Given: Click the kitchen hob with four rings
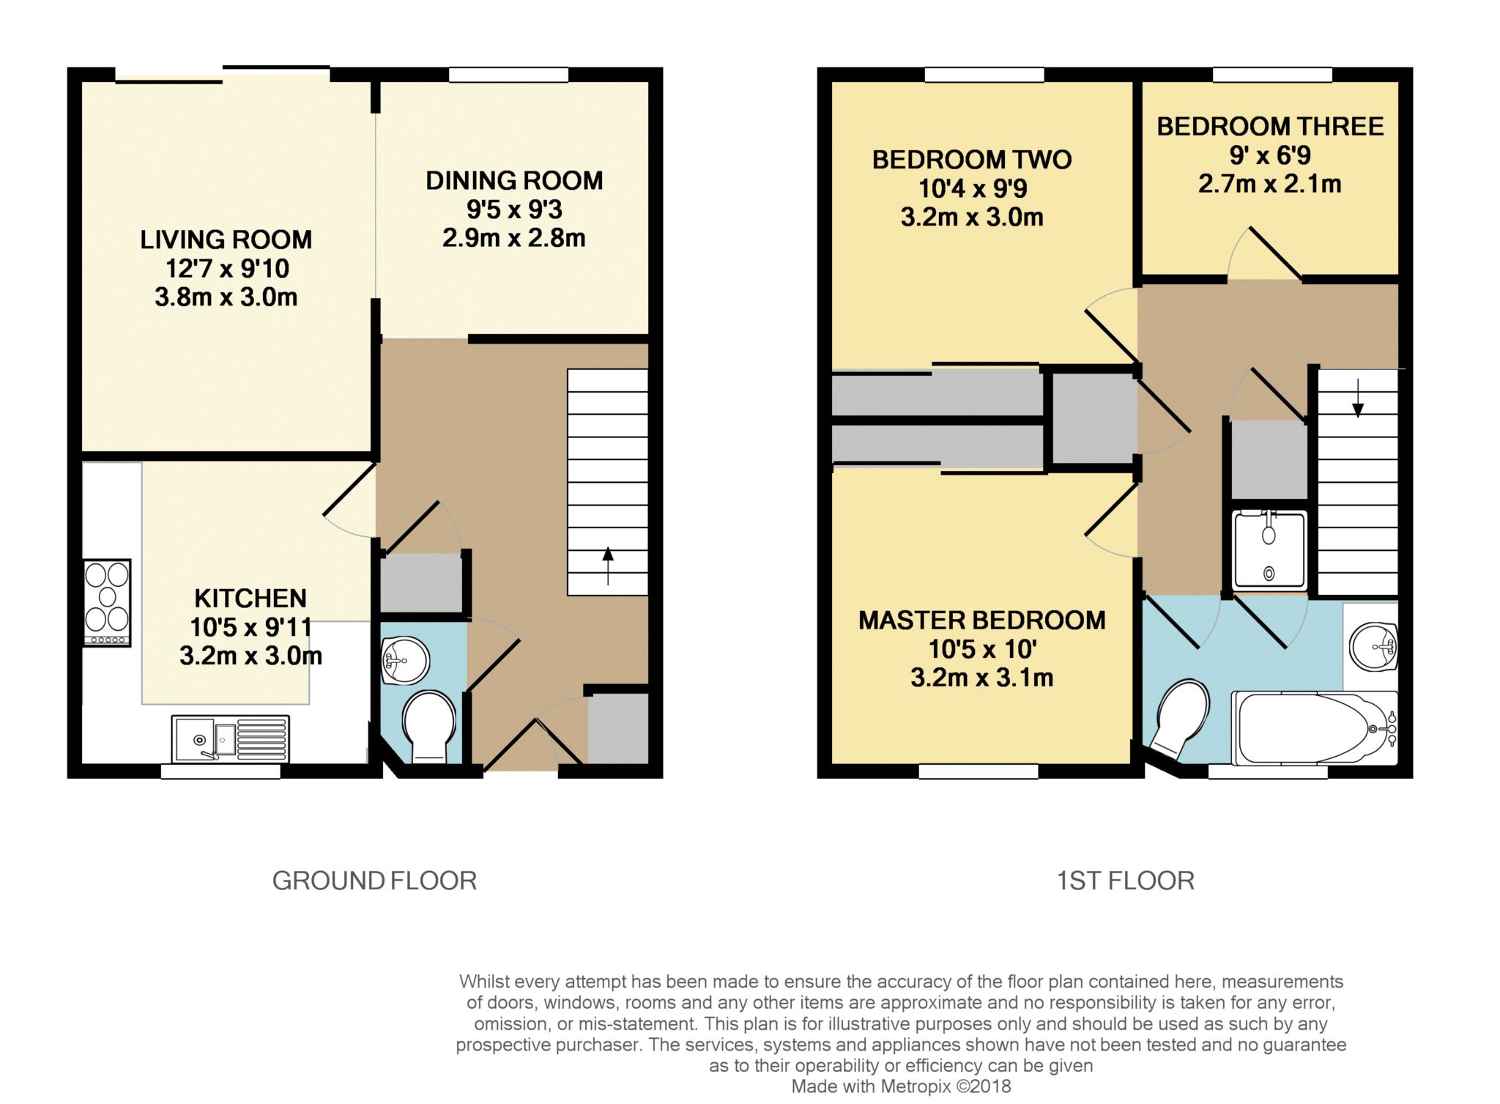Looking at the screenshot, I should (x=108, y=603).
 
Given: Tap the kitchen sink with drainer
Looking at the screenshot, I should (x=230, y=738).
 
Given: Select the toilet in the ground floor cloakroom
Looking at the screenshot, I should (x=430, y=726).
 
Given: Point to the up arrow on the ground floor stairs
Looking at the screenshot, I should (x=608, y=566).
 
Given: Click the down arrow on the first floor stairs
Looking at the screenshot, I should (x=1358, y=399).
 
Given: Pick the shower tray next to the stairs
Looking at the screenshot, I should (x=1269, y=550).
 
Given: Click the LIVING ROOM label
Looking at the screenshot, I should (x=226, y=240).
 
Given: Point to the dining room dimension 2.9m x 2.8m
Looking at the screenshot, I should (x=513, y=238).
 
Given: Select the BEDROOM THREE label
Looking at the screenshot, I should (x=1269, y=126).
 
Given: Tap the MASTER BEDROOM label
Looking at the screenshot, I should (x=981, y=620).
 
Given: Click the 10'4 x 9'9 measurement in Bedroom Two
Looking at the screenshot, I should (x=972, y=188).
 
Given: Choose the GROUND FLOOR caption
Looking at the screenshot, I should (x=374, y=880).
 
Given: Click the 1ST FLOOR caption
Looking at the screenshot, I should (x=1125, y=880).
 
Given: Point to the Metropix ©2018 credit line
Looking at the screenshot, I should (x=900, y=1086).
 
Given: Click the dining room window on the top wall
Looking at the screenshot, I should (x=508, y=75).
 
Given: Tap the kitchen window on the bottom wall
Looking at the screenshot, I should (x=220, y=771).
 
